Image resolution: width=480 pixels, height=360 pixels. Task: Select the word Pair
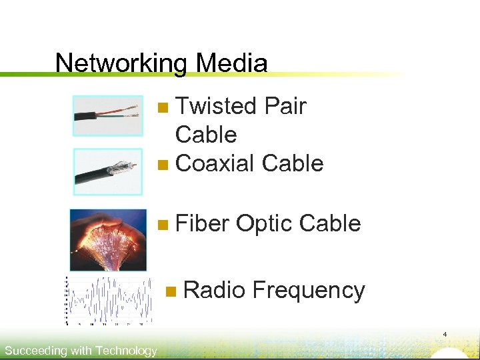coord(285,106)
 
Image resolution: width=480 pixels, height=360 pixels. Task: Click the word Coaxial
coord(215,163)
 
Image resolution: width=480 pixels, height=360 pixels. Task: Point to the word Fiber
coord(202,224)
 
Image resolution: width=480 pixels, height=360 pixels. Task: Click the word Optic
coord(263,224)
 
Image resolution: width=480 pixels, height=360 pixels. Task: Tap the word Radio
coord(214,291)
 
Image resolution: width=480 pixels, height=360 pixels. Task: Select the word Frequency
coord(309,291)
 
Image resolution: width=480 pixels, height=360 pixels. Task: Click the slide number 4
coord(445,334)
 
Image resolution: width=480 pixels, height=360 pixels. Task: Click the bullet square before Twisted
coord(165,107)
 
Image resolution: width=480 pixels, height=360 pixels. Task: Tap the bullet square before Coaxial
coord(165,164)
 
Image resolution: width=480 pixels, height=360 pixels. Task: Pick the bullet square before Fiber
coord(165,225)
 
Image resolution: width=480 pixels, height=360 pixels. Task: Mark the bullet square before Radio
coord(172,291)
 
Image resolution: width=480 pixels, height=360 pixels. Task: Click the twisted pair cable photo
coord(108,116)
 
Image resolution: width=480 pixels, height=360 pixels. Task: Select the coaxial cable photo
coord(108,171)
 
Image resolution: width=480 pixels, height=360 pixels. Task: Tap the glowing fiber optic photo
coord(108,240)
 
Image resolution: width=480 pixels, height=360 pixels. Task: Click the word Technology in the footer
coord(126,351)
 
